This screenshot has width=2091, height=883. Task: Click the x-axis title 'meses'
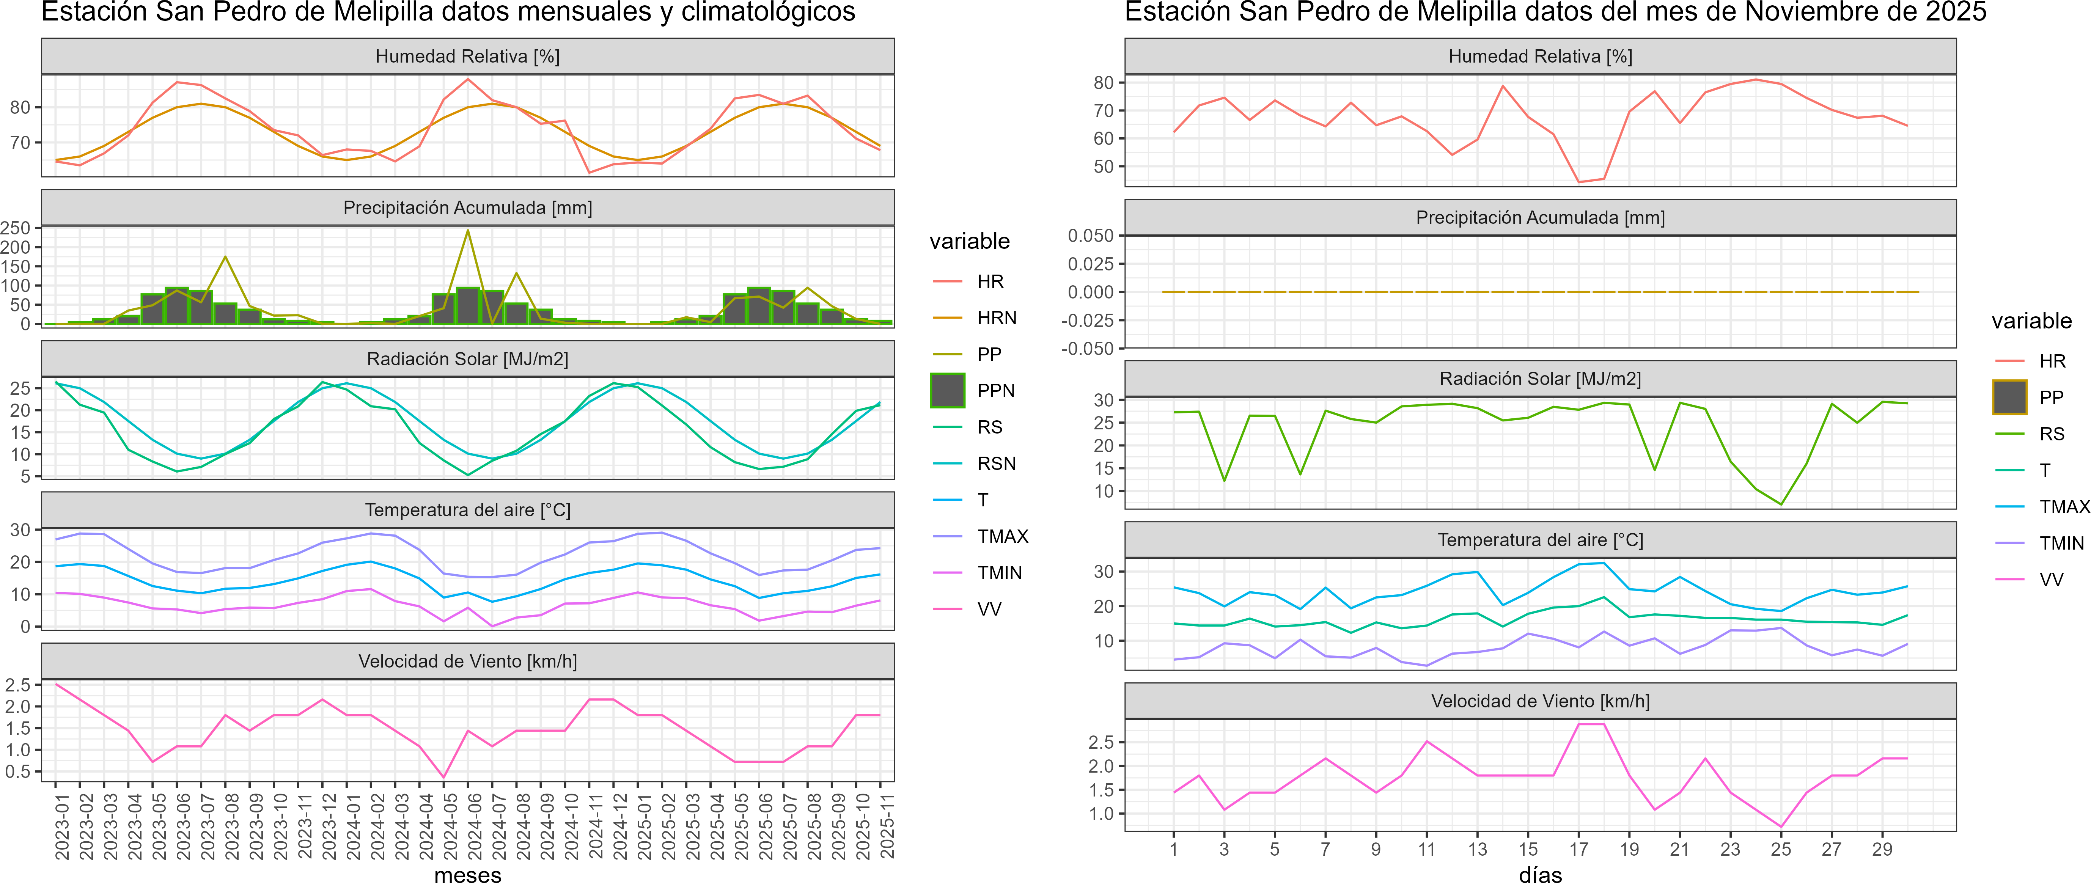(x=467, y=874)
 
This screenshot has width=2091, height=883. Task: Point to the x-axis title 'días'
(x=1540, y=874)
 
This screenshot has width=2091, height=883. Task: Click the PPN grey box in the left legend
(x=947, y=390)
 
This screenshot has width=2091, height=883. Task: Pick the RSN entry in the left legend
(x=996, y=463)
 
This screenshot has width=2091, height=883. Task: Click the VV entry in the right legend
(x=2051, y=580)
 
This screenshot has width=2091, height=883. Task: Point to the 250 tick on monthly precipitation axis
(x=16, y=228)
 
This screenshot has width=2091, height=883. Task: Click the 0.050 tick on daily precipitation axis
(x=1090, y=236)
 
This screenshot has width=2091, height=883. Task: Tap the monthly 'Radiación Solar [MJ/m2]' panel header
(x=467, y=359)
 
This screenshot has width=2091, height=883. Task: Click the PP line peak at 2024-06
(x=467, y=231)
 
